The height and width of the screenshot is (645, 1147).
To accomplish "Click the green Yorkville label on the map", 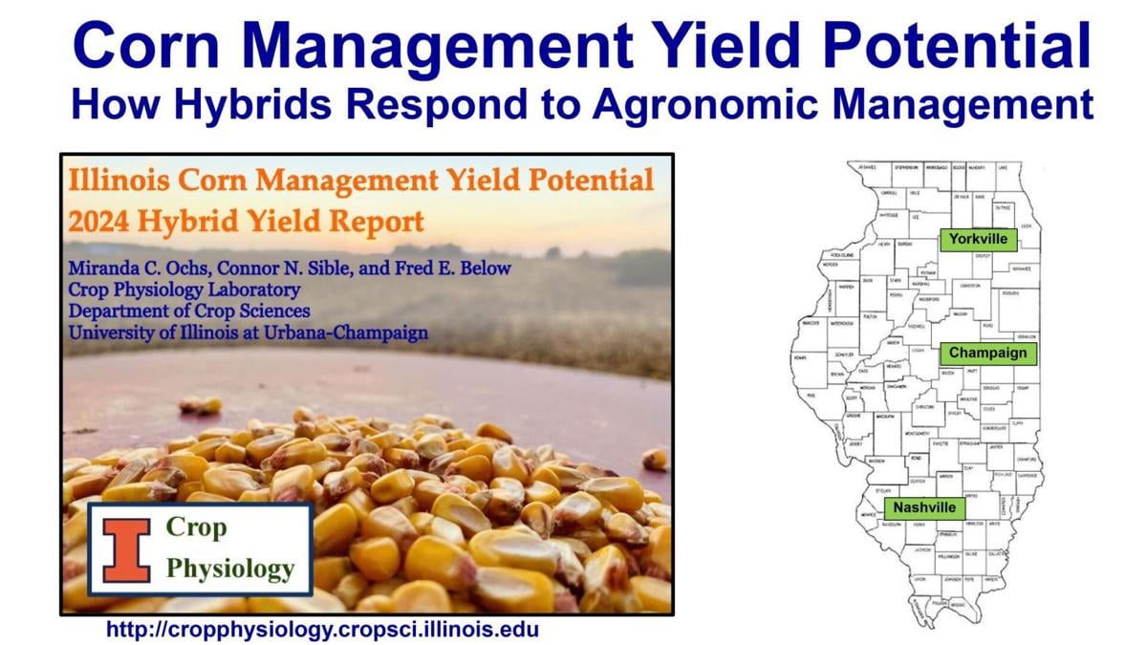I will pyautogui.click(x=978, y=239).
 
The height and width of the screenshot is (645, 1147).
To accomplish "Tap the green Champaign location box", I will pyautogui.click(x=987, y=353).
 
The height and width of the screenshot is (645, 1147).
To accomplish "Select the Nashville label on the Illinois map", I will pyautogui.click(x=922, y=507).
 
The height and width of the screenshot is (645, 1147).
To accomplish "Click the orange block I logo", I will pyautogui.click(x=127, y=549).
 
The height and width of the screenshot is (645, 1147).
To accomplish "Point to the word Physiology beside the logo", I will pyautogui.click(x=229, y=569).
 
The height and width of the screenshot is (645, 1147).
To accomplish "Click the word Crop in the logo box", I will pyautogui.click(x=196, y=527).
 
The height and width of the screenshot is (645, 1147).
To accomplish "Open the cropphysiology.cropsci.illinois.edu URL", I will pyautogui.click(x=322, y=629).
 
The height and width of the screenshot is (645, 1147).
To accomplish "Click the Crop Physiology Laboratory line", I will pyautogui.click(x=184, y=290).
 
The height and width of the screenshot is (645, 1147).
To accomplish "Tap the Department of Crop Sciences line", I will pyautogui.click(x=188, y=311).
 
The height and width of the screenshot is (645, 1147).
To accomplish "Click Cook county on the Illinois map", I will pyautogui.click(x=1025, y=226).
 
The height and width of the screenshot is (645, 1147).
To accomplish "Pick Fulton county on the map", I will pyautogui.click(x=870, y=315).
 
